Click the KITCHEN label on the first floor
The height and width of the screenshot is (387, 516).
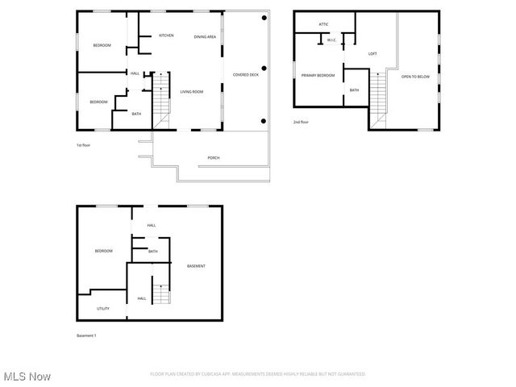(x=166, y=35)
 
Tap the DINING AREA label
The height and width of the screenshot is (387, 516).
(x=205, y=37)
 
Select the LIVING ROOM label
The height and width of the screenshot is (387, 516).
(x=192, y=92)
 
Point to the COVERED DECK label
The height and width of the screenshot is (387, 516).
(x=246, y=74)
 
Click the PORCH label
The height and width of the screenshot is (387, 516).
(x=214, y=158)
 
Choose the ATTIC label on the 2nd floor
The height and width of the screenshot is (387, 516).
(x=323, y=25)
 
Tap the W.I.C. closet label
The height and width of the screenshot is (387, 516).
(x=331, y=40)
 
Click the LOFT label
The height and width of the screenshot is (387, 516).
(x=372, y=54)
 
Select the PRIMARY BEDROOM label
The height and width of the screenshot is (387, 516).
(x=318, y=75)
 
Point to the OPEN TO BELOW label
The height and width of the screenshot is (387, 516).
(x=414, y=77)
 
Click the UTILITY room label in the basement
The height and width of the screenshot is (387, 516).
(x=103, y=309)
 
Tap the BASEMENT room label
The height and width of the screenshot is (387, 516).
(x=196, y=266)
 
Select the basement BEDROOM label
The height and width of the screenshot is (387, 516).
(x=104, y=251)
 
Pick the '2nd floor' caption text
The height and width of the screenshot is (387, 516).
(x=301, y=122)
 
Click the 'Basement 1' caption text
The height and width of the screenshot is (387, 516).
(x=86, y=335)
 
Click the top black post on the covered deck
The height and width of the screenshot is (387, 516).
(x=264, y=18)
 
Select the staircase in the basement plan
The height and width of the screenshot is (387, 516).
(x=162, y=294)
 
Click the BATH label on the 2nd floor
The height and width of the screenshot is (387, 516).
(x=354, y=90)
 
